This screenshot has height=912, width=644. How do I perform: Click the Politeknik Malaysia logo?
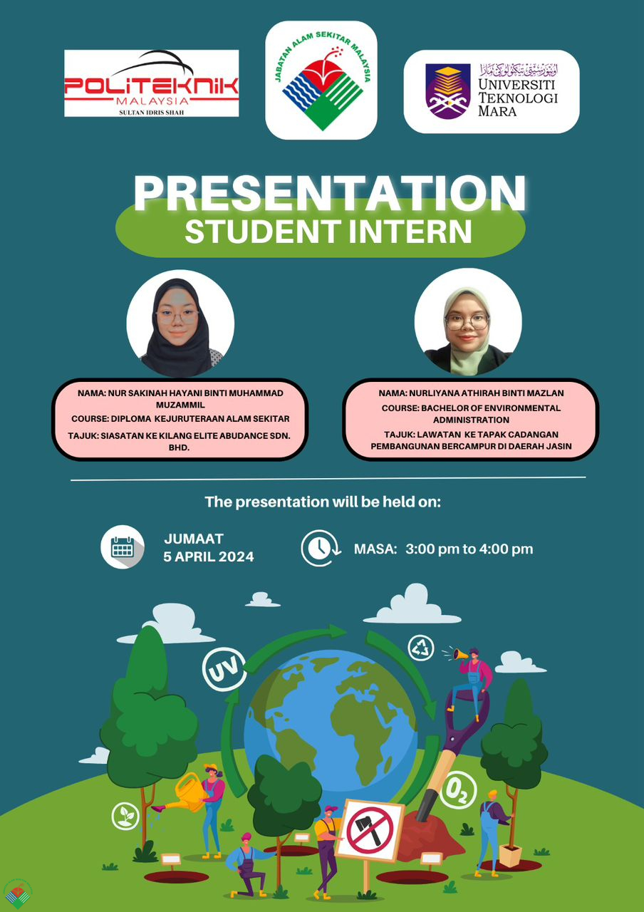tap(152, 83)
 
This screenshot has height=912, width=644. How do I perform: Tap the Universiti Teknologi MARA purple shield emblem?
tap(448, 91)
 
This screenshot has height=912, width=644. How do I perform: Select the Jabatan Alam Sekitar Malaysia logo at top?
tap(321, 81)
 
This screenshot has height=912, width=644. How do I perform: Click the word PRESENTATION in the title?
tap(330, 193)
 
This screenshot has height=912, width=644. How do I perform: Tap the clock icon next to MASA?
tap(321, 548)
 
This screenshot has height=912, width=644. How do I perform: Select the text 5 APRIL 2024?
tap(209, 556)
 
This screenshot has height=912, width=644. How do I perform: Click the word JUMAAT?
tap(194, 539)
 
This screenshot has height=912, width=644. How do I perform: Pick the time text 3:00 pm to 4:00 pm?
tap(469, 549)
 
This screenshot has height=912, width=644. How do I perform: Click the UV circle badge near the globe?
tap(224, 669)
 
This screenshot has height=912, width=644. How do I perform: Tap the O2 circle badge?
tap(459, 790)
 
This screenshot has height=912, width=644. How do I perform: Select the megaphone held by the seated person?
tap(460, 654)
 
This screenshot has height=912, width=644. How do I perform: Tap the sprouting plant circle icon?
tap(125, 816)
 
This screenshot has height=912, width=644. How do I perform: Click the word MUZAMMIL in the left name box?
tap(180, 405)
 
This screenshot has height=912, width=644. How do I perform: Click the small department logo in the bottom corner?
tap(18, 894)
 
